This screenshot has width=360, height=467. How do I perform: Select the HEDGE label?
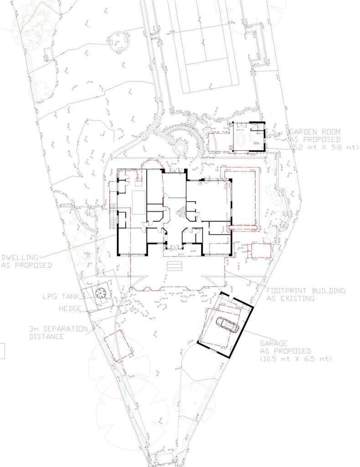tap(70, 308)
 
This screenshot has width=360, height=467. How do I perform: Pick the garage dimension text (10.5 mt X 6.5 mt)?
tap(296, 359)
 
